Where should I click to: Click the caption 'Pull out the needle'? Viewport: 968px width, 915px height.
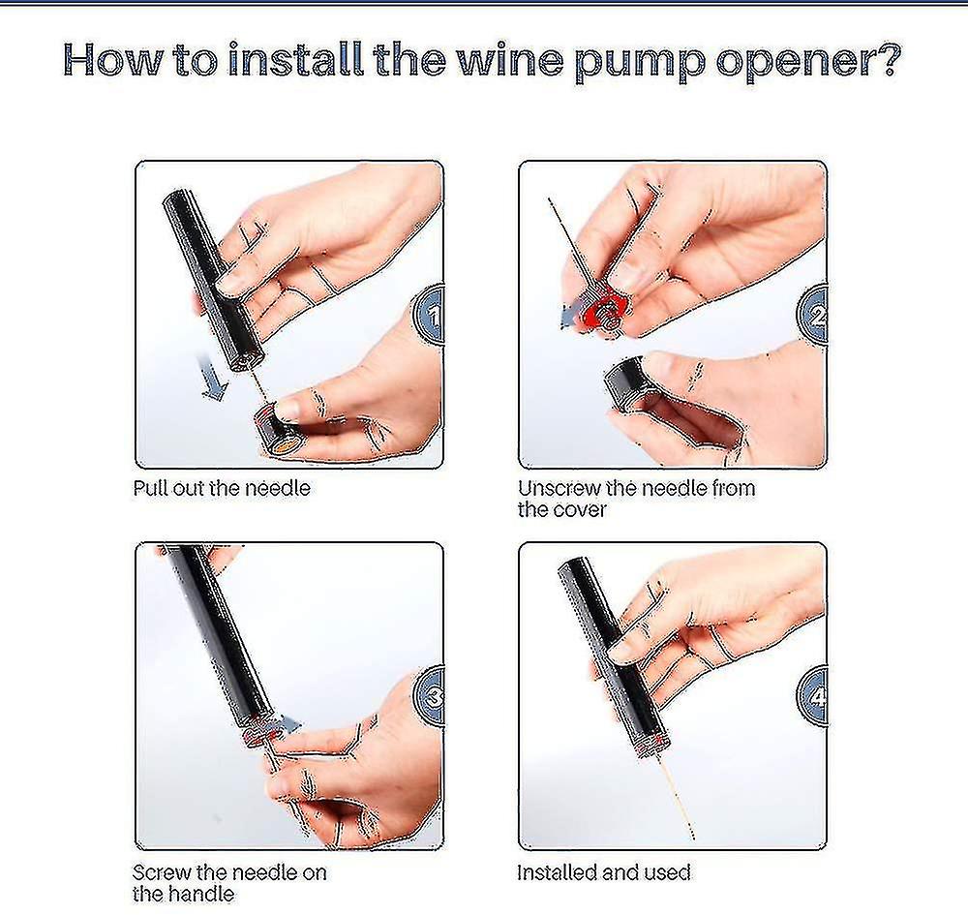point(222,488)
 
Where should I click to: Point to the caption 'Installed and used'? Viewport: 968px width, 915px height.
point(603,872)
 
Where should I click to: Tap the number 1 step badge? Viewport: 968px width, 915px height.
point(433,315)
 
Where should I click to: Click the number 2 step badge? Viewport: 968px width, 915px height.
point(816,315)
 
